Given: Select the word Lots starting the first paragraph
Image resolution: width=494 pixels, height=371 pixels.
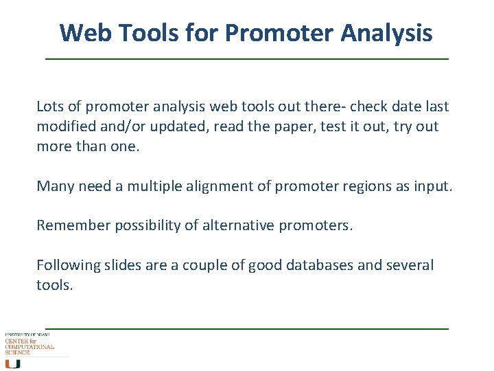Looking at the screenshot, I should coord(51,106).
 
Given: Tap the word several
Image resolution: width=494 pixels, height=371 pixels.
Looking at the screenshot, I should coord(410,265).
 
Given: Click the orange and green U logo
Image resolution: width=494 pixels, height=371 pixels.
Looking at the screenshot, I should coord(12,363).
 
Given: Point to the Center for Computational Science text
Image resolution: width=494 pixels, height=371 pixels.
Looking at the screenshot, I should coord(29,346).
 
